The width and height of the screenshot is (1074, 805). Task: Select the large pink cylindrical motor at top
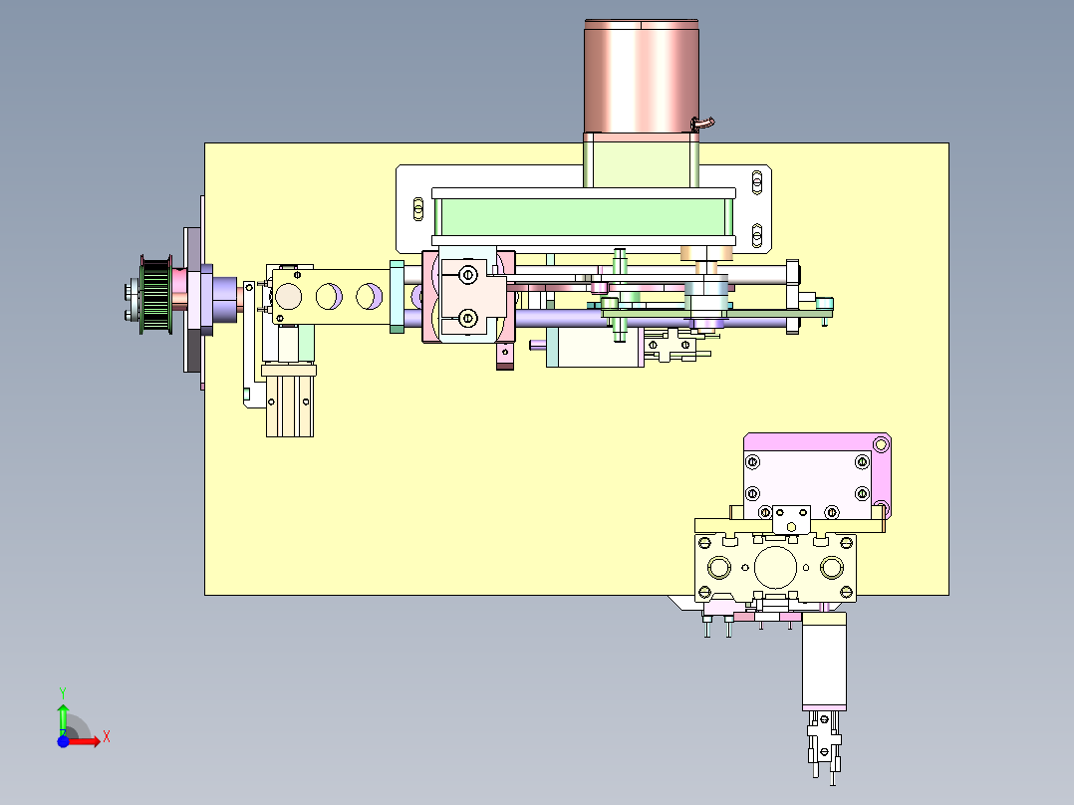click(641, 76)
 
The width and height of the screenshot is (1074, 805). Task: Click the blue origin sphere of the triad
click(63, 741)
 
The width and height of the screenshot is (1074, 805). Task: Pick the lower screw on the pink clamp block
click(467, 318)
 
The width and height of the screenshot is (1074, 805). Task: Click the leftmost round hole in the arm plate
click(290, 296)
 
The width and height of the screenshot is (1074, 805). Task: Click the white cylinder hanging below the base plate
click(824, 661)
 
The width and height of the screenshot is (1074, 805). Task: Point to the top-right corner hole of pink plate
click(880, 443)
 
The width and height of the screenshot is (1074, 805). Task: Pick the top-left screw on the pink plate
click(753, 461)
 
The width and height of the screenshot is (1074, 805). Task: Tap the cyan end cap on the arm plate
click(397, 296)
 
